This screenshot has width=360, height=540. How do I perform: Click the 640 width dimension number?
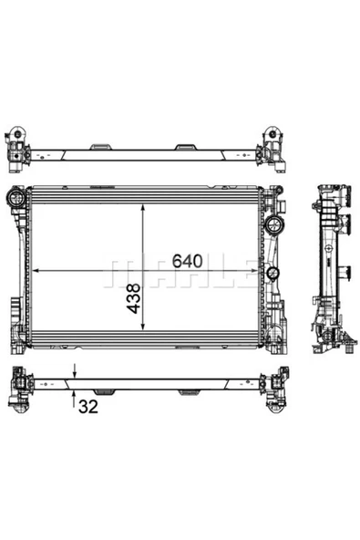coord(186,259)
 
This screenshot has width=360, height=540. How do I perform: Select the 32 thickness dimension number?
coord(87,406)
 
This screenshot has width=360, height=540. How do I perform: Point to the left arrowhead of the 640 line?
coord(36,271)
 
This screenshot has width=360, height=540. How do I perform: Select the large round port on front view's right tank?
coord(273,225)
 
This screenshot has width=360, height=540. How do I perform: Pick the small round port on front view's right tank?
coord(271,274)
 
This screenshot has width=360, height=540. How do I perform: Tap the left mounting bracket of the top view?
coord(19,147)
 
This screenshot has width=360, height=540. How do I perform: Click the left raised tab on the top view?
coord(102,146)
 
